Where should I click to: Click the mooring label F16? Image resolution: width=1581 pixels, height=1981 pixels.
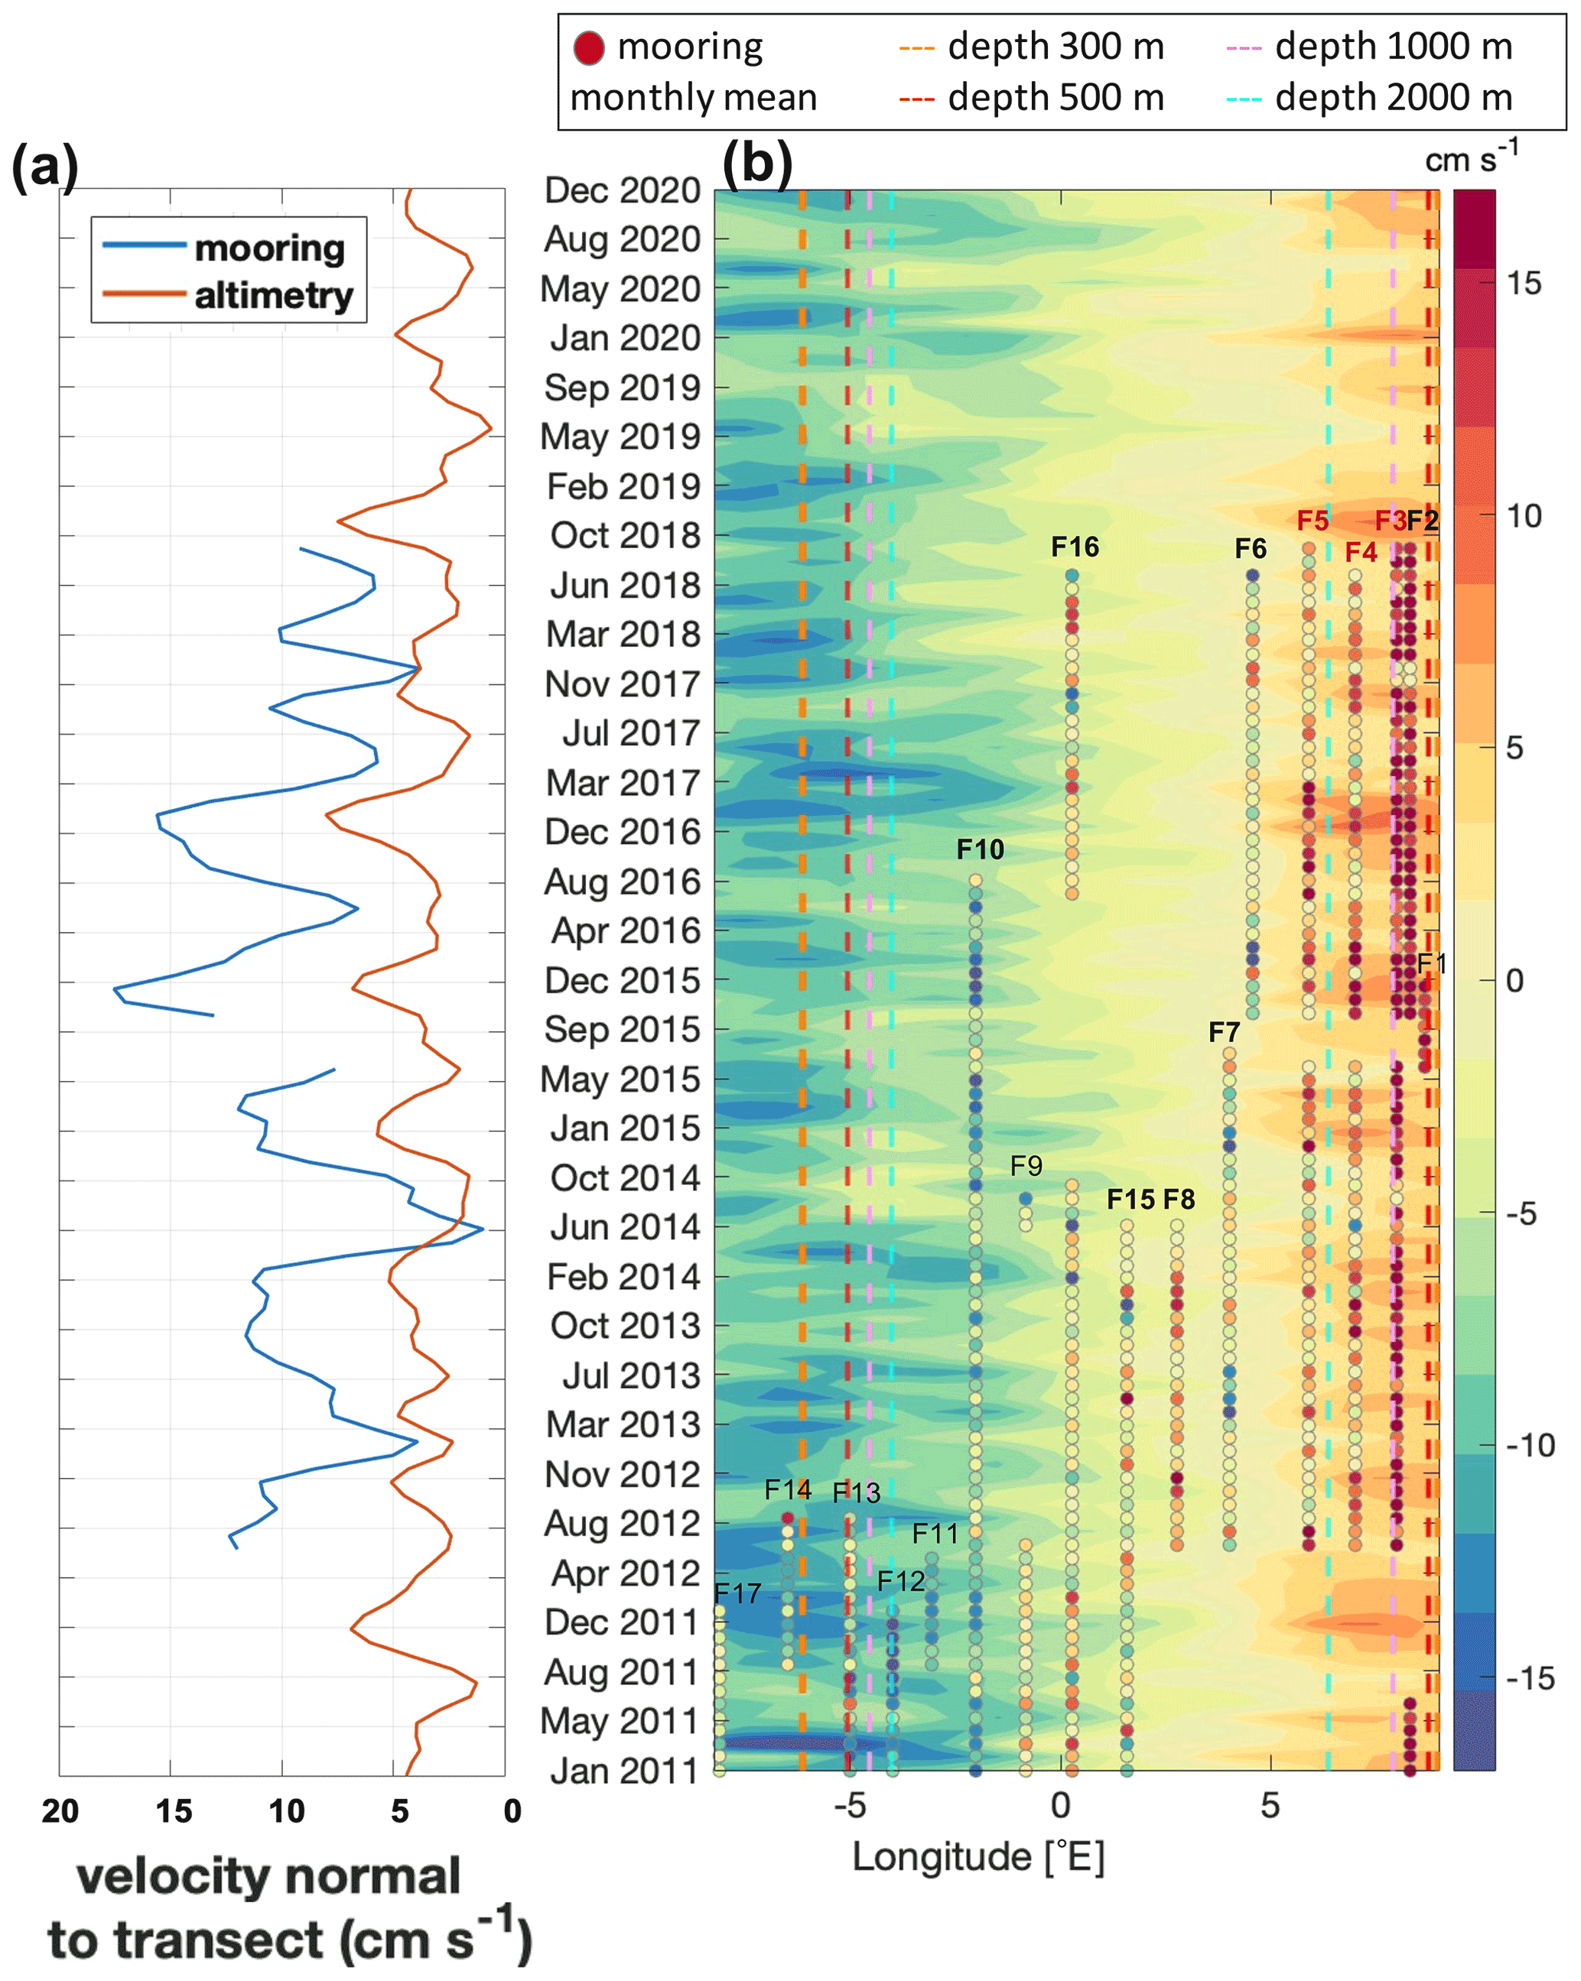1075,547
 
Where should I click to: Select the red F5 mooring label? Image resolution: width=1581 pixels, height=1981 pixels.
1313,521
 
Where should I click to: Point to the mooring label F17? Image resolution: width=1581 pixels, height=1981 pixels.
737,1593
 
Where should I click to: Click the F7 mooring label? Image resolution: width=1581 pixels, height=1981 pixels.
1224,1032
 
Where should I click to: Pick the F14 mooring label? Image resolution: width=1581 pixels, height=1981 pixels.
788,1489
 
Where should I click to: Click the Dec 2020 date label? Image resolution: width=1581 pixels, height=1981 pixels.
623,190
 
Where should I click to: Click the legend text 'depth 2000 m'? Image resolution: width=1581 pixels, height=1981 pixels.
1394,97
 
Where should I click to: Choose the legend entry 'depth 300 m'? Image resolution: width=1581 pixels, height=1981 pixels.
1056,46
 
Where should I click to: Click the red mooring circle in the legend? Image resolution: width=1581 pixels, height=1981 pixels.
589,47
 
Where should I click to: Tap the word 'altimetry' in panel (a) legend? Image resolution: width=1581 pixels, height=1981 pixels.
274,296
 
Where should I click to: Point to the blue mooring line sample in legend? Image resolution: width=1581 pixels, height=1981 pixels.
145,245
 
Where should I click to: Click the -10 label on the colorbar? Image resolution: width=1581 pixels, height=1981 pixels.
1531,1445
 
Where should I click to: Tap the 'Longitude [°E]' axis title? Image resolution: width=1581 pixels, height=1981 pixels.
978,1856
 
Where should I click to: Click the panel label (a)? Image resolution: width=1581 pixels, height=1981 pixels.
44,167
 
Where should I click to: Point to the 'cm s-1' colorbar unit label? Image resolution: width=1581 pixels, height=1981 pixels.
1471,158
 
